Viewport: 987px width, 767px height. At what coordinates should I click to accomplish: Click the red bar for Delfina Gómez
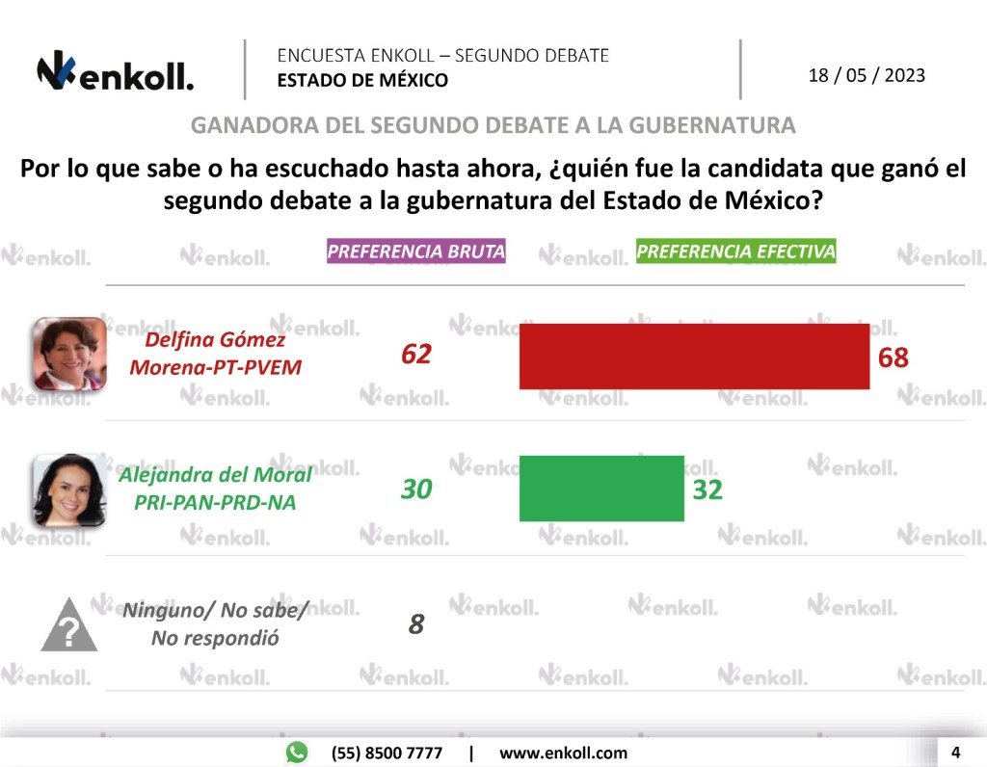tap(694, 357)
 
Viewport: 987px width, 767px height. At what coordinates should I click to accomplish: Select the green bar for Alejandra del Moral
tap(601, 489)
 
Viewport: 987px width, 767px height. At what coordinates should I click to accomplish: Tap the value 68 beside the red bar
tap(894, 357)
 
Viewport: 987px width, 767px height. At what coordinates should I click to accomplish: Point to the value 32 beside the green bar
tap(707, 489)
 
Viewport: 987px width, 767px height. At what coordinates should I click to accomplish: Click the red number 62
tap(416, 355)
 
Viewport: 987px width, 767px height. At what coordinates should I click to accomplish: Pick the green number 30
tap(416, 489)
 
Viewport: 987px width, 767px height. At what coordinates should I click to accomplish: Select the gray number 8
tap(416, 624)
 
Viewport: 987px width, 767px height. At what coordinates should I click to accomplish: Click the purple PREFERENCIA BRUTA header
tap(416, 251)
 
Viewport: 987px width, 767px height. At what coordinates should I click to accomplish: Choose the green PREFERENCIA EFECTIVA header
tap(736, 251)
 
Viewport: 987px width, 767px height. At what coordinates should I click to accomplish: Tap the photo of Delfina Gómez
tap(69, 354)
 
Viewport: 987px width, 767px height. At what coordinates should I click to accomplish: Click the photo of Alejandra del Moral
tap(69, 489)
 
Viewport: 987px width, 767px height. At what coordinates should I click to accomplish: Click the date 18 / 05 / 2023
tap(867, 75)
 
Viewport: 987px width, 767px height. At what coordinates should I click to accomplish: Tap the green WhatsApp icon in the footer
tap(297, 753)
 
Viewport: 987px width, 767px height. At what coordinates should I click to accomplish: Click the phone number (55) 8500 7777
tap(387, 753)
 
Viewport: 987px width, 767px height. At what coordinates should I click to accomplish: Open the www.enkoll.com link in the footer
tap(563, 753)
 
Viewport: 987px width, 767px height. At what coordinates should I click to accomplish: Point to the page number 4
tap(955, 752)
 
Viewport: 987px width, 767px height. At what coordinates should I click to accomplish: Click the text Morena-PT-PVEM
tap(215, 367)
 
